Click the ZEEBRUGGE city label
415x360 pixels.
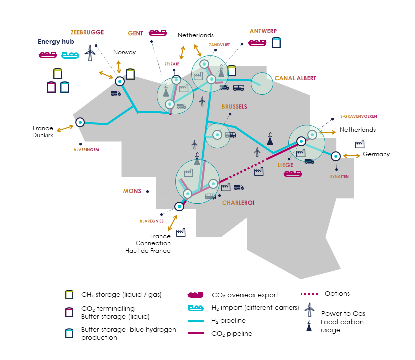pos(87,32)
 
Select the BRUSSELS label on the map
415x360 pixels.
pos(234,107)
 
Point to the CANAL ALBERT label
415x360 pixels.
pos(295,78)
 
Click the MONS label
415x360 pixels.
pos(132,191)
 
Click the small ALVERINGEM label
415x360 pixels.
pos(83,148)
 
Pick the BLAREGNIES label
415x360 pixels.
pos(152,221)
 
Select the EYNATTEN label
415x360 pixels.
pos(338,176)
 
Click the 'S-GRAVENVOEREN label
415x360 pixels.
pos(358,116)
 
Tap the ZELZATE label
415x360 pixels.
pos(172,64)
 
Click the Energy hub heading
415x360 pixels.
pos(56,41)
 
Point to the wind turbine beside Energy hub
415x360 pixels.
pos(90,53)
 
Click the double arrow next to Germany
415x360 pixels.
pos(351,156)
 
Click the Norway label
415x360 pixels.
pos(124,52)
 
